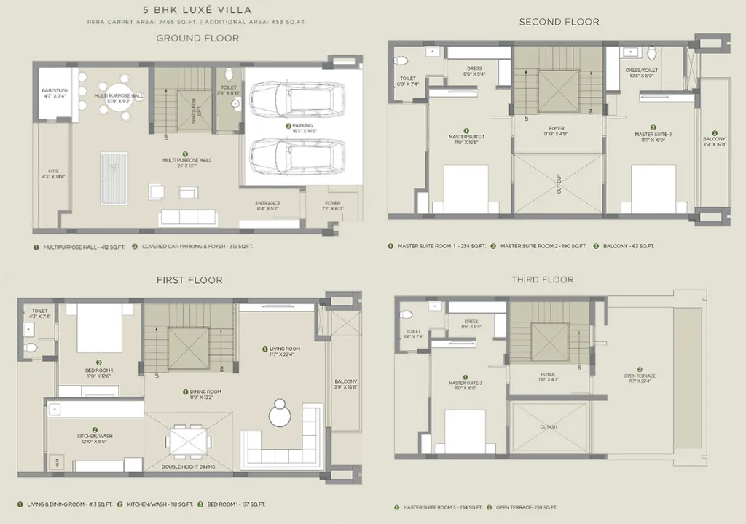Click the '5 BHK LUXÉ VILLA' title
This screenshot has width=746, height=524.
tap(197, 10)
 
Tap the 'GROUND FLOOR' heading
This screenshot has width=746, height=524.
tap(197, 38)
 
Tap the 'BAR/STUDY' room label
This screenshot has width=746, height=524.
tap(55, 93)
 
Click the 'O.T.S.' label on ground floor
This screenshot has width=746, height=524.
tap(52, 173)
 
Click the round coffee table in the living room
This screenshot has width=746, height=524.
tap(280, 414)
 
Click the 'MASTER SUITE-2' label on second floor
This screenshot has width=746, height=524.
tap(653, 135)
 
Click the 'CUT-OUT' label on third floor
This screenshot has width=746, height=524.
tap(549, 428)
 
